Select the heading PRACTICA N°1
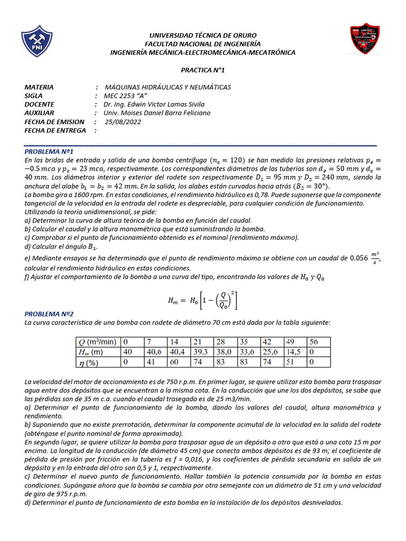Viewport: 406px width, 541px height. click(203, 69)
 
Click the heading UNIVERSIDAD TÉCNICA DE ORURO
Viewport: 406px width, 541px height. click(203, 35)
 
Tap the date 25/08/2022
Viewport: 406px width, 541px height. click(123, 122)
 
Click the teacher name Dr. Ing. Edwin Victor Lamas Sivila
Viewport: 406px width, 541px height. click(154, 104)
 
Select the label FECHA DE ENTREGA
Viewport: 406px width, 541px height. click(55, 130)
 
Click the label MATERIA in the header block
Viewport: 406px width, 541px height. click(40, 87)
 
